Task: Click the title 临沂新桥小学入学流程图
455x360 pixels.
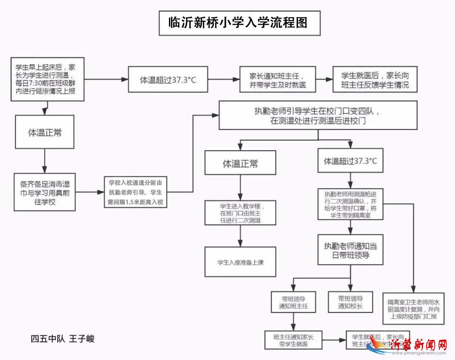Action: point(239,23)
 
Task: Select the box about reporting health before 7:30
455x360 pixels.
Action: point(47,79)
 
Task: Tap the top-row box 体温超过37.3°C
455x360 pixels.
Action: point(168,79)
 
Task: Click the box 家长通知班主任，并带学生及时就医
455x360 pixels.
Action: point(277,79)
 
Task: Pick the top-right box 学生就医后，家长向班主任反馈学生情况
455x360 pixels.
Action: point(375,79)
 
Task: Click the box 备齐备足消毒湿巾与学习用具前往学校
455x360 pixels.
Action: point(45,192)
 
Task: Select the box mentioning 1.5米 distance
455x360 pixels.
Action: point(135,192)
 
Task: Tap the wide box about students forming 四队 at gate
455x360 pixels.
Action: point(318,115)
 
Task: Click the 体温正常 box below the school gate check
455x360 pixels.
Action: point(240,163)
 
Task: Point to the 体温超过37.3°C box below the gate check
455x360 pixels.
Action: point(350,160)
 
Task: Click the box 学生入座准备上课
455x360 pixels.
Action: point(241,262)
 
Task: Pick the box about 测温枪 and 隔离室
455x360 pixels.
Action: point(350,204)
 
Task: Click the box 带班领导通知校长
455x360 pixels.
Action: point(350,301)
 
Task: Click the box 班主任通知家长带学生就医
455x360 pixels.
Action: point(293,340)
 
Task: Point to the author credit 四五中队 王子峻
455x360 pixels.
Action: point(62,339)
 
